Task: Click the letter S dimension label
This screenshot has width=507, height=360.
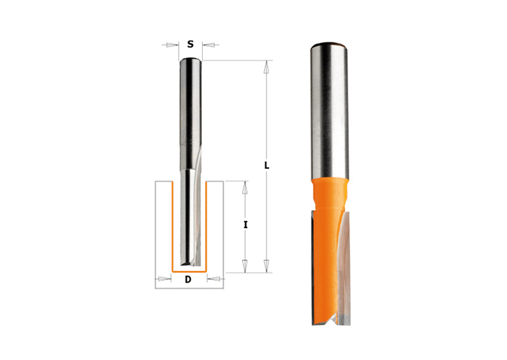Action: [190, 44]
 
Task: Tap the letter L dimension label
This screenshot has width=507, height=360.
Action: [266, 165]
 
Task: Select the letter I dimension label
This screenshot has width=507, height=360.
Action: [245, 224]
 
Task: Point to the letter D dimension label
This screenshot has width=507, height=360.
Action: [188, 280]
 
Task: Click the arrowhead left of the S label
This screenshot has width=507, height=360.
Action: [172, 45]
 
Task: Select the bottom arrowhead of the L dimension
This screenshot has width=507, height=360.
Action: [266, 265]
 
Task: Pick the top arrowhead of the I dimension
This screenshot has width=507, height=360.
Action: [244, 187]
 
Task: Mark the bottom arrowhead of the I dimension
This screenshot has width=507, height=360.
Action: [244, 265]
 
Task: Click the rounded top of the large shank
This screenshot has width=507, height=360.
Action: [330, 47]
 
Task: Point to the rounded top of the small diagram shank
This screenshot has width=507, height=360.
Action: [190, 60]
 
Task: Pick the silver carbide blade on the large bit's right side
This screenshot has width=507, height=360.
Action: [344, 260]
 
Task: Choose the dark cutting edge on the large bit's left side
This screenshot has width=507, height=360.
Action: [315, 260]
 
